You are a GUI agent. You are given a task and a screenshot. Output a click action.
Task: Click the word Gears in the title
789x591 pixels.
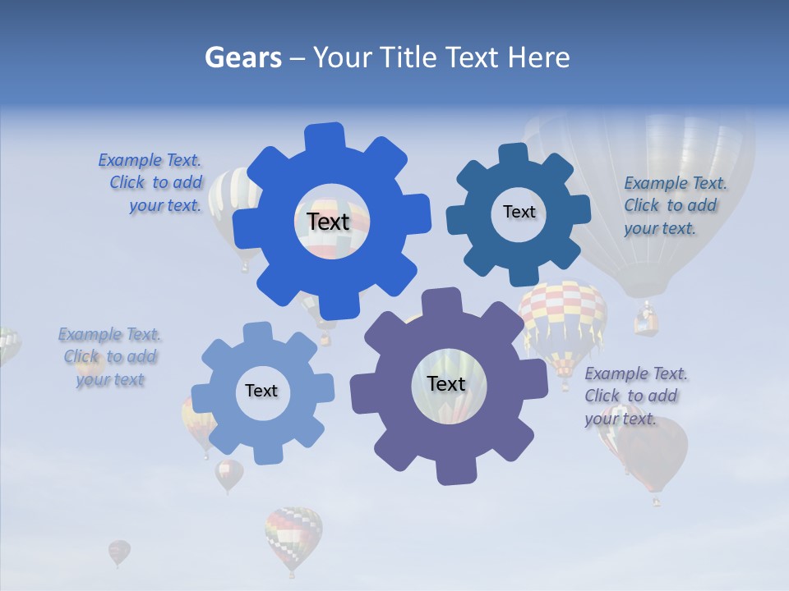pos(242,57)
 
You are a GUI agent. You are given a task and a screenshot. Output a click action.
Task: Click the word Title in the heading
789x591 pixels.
pos(412,57)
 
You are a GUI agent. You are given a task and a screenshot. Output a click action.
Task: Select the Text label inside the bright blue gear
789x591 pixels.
pos(328,222)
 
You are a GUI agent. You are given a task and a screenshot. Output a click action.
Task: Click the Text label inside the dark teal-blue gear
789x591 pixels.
pos(519,212)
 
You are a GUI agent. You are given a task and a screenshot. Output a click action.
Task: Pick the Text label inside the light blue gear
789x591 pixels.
pos(261,392)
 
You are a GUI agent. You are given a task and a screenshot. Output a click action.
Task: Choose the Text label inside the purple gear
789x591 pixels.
pos(446,384)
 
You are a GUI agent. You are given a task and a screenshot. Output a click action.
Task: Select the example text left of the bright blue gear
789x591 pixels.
pos(153,183)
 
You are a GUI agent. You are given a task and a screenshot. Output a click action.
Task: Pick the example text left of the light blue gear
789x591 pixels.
pos(110,357)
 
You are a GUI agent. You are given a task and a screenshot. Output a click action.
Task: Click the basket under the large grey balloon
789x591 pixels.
pos(646,320)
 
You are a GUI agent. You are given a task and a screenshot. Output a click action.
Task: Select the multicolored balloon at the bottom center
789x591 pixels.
pos(293,535)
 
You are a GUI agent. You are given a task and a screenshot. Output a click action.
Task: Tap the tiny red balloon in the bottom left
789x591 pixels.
pos(119,552)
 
